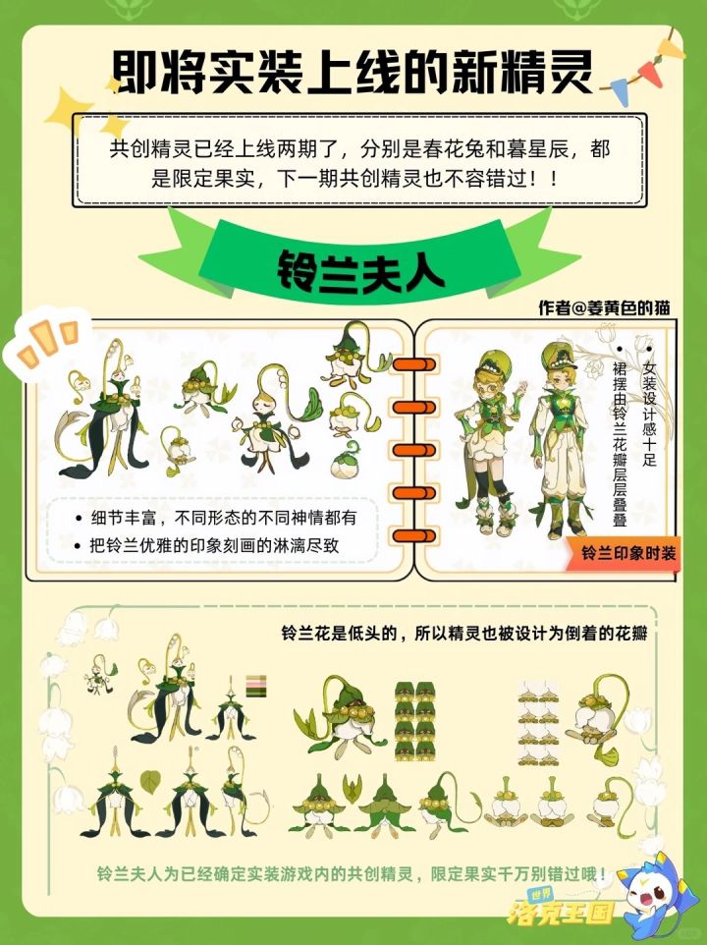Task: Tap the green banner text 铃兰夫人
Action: (x=360, y=271)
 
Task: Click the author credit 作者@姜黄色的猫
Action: (x=604, y=307)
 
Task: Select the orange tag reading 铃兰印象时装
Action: (x=624, y=553)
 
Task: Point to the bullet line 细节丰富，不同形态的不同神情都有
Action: (x=216, y=518)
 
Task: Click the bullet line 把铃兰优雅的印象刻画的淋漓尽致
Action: (x=206, y=545)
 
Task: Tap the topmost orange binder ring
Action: (x=413, y=364)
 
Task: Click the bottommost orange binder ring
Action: (x=413, y=535)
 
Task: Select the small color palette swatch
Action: (x=256, y=686)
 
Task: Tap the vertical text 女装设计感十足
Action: (x=649, y=414)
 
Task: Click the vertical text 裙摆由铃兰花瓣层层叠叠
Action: (x=620, y=444)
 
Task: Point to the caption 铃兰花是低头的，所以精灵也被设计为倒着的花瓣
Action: (x=464, y=634)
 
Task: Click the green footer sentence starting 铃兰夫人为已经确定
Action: (x=352, y=873)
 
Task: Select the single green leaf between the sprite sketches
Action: (x=150, y=782)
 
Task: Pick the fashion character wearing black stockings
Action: (x=491, y=443)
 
